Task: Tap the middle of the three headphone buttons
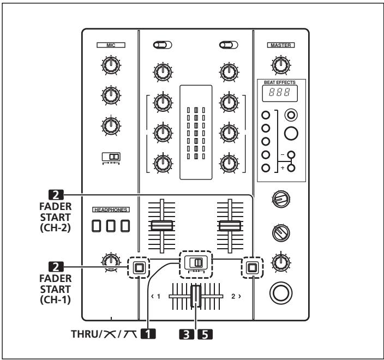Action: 111,225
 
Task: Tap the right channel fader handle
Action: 230,225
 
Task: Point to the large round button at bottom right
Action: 280,293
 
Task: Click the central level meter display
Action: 195,132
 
